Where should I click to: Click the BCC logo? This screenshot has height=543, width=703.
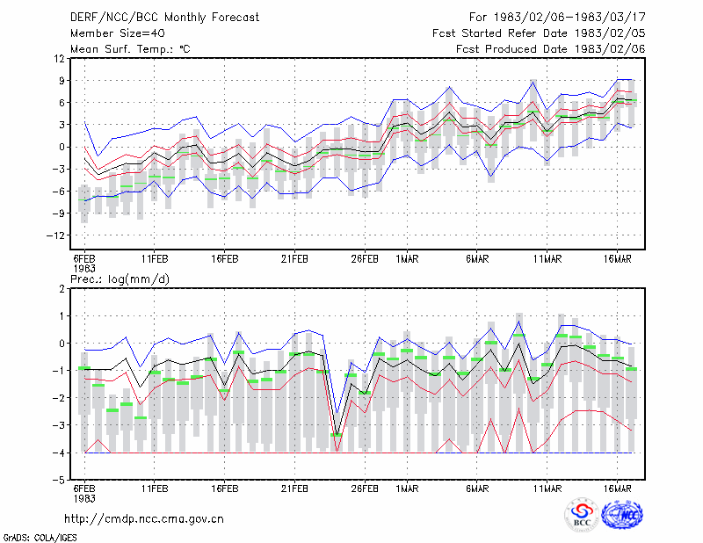pyautogui.click(x=582, y=516)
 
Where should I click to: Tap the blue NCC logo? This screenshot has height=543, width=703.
pyautogui.click(x=622, y=515)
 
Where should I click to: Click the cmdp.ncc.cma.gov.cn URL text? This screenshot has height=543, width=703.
pyautogui.click(x=144, y=519)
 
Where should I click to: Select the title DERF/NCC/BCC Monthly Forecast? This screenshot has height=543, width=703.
pyautogui.click(x=164, y=18)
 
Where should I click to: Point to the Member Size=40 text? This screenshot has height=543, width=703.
pyautogui.click(x=118, y=33)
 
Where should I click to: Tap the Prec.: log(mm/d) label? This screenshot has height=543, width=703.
pyautogui.click(x=120, y=279)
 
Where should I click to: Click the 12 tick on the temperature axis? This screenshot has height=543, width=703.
pyautogui.click(x=59, y=59)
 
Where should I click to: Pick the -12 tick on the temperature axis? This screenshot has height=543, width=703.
pyautogui.click(x=55, y=235)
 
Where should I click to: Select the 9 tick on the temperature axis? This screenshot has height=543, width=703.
pyautogui.click(x=62, y=81)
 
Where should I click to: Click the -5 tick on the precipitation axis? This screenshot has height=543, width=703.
pyautogui.click(x=59, y=481)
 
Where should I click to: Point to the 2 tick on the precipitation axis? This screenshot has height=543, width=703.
pyautogui.click(x=62, y=289)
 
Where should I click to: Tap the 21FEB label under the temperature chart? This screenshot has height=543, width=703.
pyautogui.click(x=294, y=259)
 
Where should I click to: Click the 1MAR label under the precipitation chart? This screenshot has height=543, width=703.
pyautogui.click(x=407, y=489)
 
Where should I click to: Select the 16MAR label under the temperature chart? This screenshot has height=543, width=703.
pyautogui.click(x=618, y=259)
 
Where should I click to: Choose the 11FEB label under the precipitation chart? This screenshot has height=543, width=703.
pyautogui.click(x=155, y=489)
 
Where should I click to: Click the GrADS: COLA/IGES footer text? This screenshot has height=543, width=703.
pyautogui.click(x=40, y=538)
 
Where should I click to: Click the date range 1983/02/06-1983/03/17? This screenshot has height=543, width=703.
pyautogui.click(x=569, y=18)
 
